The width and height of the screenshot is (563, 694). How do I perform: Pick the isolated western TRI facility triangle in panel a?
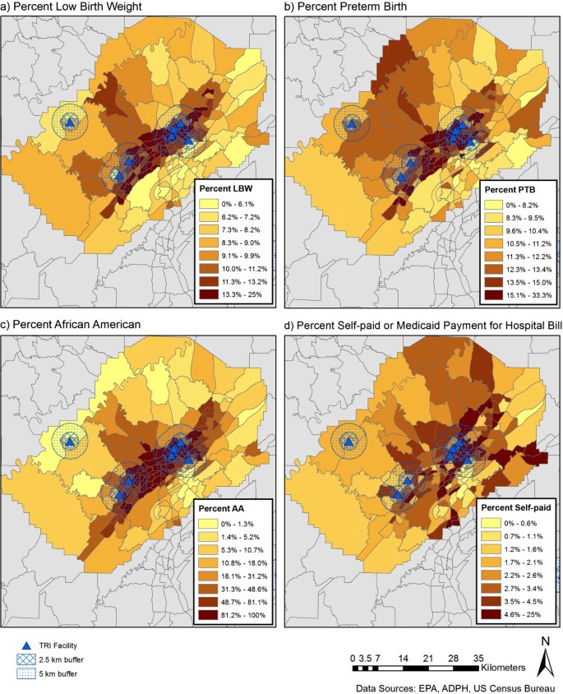70,124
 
